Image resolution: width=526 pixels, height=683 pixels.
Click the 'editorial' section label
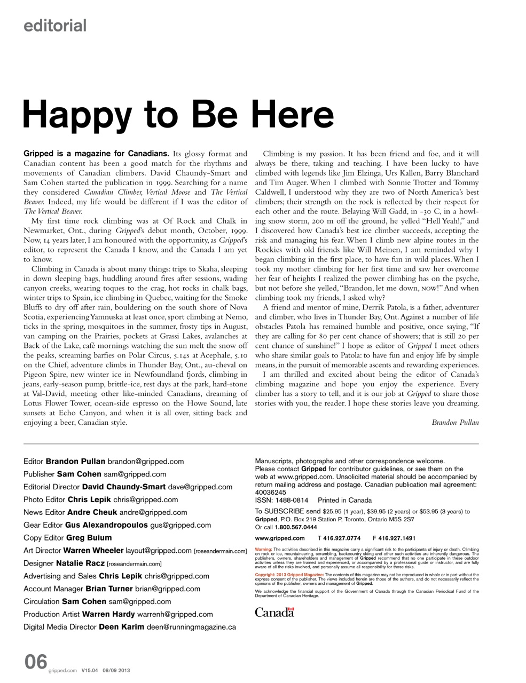(54, 25)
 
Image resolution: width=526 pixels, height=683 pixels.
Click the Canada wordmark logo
(274, 613)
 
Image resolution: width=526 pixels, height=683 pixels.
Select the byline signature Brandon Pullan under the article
(455, 422)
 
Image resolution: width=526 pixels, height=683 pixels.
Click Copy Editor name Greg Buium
(89, 538)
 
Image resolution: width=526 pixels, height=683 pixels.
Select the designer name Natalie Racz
(80, 563)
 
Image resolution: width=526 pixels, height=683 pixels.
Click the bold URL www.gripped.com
(280, 538)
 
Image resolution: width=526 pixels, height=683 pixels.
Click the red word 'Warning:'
(264, 549)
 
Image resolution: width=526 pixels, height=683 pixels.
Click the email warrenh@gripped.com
(175, 614)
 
